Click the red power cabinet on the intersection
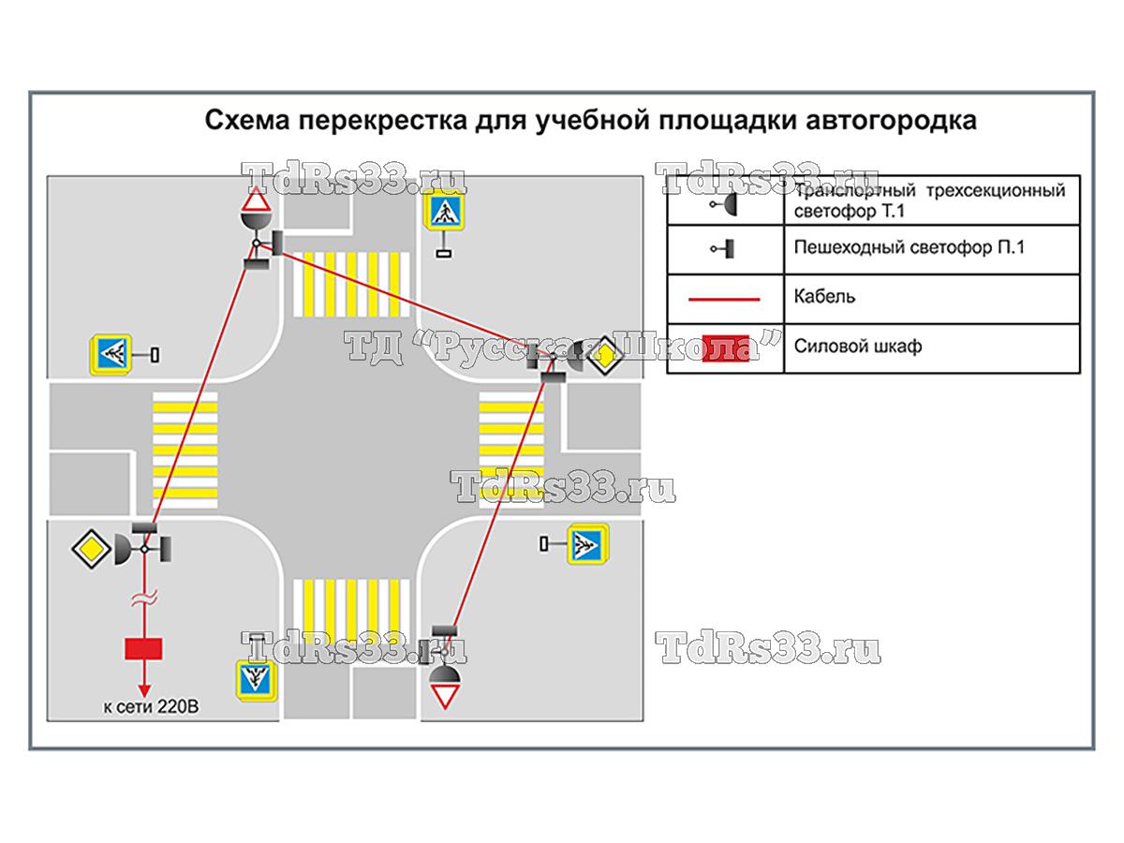click(143, 648)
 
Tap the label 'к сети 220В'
click(151, 707)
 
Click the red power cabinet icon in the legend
click(726, 346)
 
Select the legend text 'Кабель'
click(824, 297)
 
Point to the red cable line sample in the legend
click(725, 299)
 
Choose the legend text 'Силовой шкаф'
click(858, 346)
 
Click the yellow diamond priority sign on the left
click(91, 547)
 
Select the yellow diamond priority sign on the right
click(607, 355)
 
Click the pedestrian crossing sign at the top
click(444, 213)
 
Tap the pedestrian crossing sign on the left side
click(112, 355)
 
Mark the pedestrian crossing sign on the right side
click(588, 543)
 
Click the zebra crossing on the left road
click(185, 446)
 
